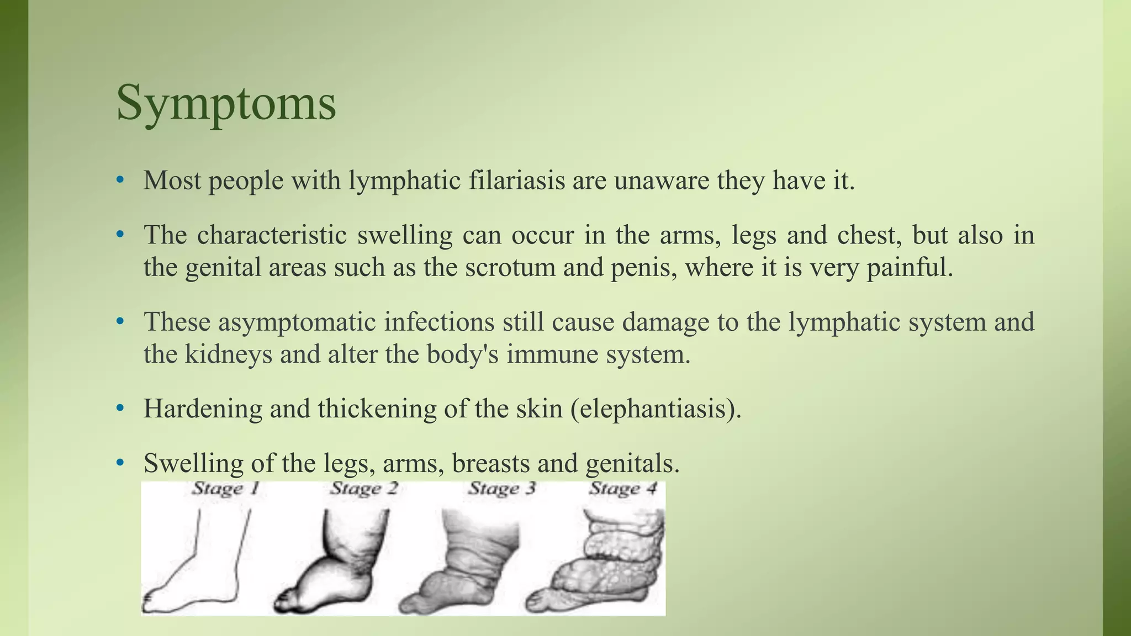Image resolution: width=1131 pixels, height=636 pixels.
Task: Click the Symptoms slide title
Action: click(226, 103)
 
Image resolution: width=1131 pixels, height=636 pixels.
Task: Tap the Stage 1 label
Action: click(225, 489)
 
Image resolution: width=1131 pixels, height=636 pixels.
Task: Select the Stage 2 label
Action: click(364, 489)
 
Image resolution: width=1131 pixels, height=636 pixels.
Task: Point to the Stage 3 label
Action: click(502, 489)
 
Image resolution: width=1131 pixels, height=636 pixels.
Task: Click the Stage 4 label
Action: click(623, 489)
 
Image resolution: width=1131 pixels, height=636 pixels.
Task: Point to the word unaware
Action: click(661, 181)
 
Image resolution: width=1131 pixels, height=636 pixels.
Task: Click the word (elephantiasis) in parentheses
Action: click(656, 409)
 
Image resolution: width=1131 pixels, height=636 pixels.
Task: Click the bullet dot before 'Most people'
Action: click(120, 180)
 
